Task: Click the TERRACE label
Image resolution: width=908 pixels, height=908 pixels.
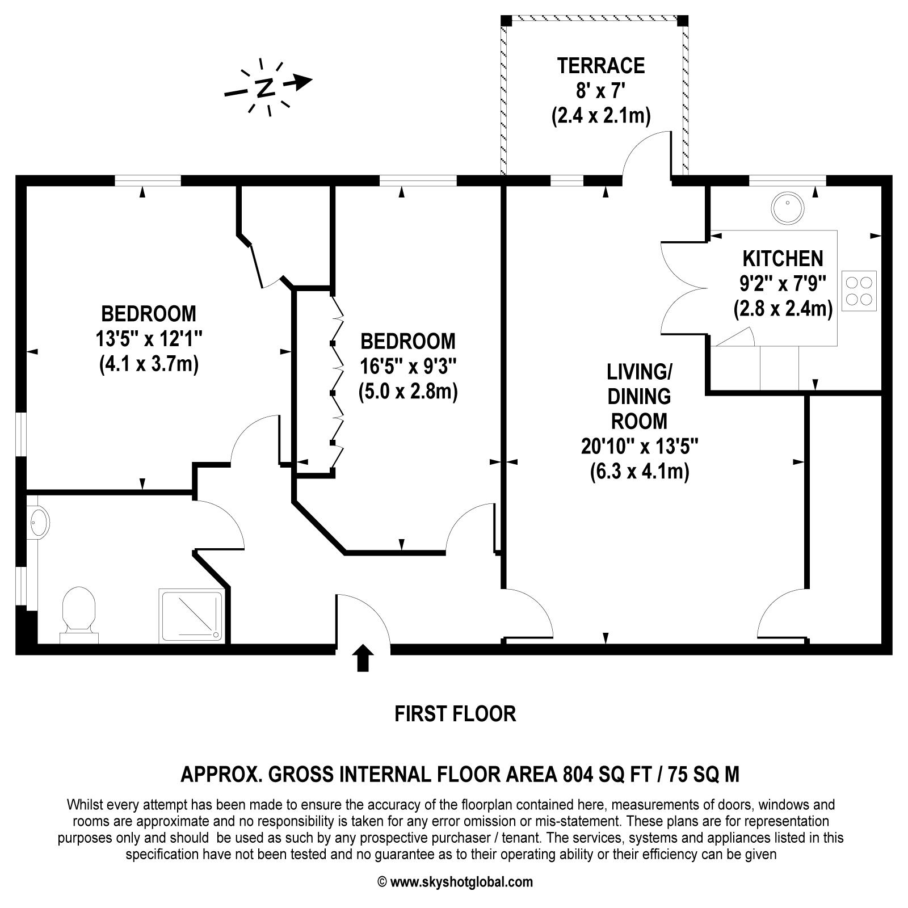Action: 600,66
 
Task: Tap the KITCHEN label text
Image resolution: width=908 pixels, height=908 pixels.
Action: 783,259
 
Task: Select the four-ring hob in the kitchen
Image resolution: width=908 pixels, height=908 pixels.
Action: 859,291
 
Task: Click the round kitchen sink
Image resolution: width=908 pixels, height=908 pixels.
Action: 788,208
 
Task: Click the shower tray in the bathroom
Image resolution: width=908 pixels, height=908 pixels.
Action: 191,615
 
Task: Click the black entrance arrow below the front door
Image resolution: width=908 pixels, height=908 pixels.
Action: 363,658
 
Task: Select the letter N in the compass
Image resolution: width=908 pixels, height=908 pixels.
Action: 264,88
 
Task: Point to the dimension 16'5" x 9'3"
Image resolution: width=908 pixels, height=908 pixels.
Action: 408,367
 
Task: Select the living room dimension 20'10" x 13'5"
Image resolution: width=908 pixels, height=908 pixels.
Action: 639,447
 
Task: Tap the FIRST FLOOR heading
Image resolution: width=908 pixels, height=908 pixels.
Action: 455,713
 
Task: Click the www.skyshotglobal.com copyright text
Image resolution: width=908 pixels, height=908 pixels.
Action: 455,882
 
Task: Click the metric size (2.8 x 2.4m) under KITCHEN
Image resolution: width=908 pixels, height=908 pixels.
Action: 783,309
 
